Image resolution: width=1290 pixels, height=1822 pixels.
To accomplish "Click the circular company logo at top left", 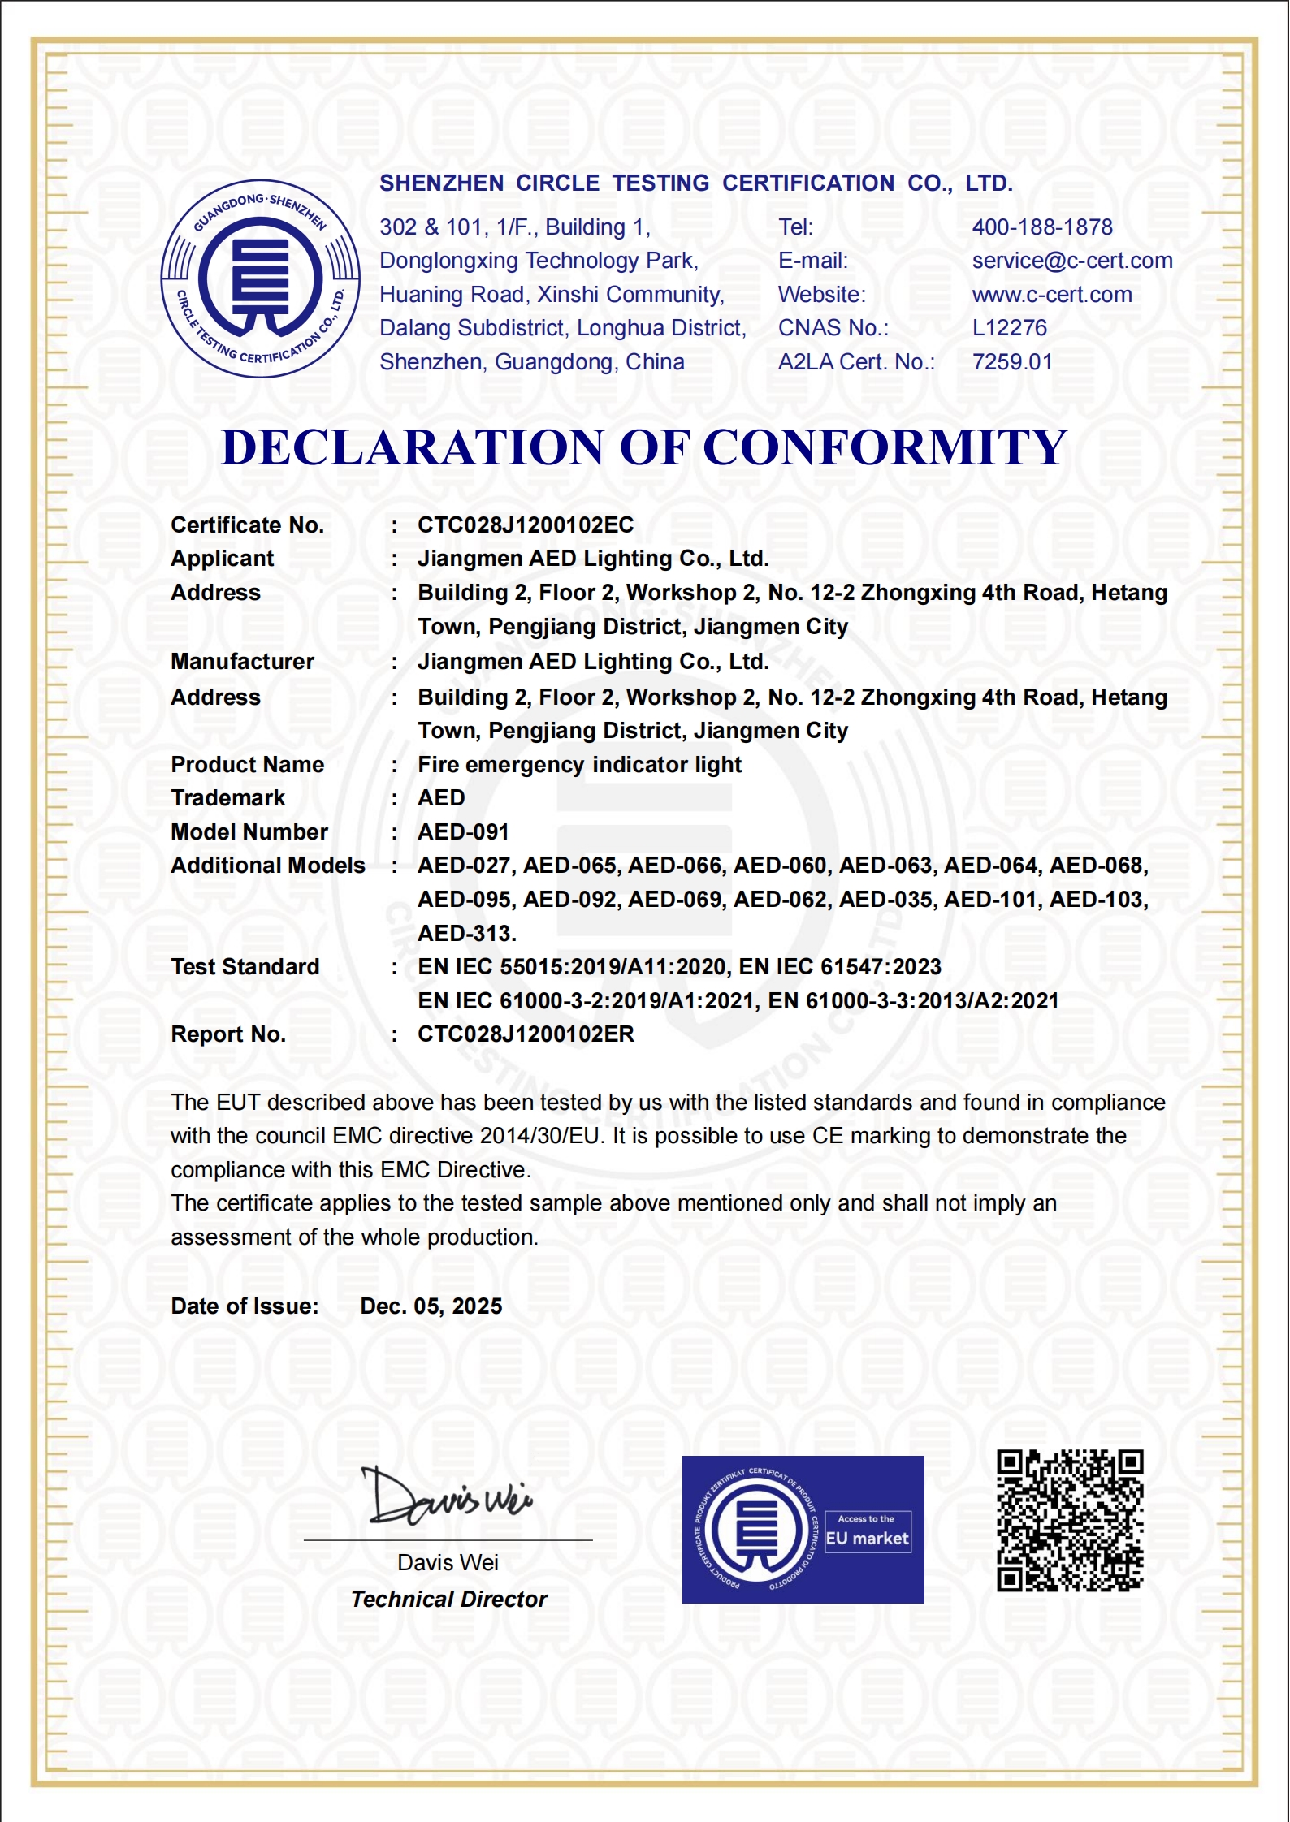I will click(x=260, y=278).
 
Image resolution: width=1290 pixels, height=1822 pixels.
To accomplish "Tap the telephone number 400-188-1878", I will click(x=1042, y=227).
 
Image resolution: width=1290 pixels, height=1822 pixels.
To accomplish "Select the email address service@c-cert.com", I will click(x=1072, y=261).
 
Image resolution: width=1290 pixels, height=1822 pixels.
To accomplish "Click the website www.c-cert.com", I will click(x=1052, y=295).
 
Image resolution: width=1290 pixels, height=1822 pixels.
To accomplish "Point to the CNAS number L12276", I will click(x=1010, y=328).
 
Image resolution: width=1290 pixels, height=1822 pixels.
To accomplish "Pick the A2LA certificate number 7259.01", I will click(x=1012, y=362).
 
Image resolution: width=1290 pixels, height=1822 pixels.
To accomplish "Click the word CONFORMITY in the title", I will click(x=885, y=447).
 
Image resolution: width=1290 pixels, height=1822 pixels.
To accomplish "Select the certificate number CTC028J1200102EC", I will click(x=526, y=525).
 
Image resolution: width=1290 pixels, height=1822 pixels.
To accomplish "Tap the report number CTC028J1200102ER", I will click(x=526, y=1034).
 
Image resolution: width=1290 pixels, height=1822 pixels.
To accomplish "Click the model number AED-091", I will click(x=463, y=832).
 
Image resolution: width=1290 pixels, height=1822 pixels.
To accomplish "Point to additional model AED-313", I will click(x=466, y=934).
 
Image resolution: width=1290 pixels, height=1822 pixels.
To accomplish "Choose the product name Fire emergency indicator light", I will click(x=579, y=765).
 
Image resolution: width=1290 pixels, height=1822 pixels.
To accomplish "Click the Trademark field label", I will click(x=228, y=798).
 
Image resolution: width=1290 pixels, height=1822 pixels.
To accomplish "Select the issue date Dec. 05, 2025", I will click(x=431, y=1306).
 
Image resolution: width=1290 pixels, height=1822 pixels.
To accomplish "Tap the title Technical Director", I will click(x=449, y=1600).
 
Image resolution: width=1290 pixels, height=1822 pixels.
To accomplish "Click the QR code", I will click(x=1070, y=1521).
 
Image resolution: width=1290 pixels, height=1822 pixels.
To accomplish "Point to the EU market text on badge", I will click(x=867, y=1539).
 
